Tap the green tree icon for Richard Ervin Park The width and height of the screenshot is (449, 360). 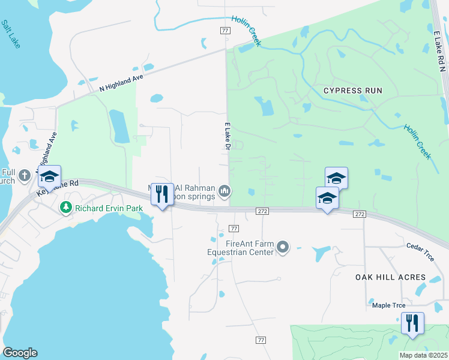pyautogui.click(x=65, y=208)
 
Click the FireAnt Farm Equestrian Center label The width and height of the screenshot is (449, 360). pyautogui.click(x=241, y=248)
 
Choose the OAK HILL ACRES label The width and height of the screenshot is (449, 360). pyautogui.click(x=390, y=278)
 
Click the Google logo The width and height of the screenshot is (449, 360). pyautogui.click(x=20, y=352)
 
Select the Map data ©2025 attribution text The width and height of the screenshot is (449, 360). pyautogui.click(x=423, y=355)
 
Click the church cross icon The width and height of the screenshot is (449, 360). pyautogui.click(x=24, y=176)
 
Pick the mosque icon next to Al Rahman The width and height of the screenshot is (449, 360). pyautogui.click(x=224, y=191)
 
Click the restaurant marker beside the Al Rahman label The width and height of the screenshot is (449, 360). pyautogui.click(x=161, y=194)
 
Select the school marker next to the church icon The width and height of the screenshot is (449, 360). pyautogui.click(x=49, y=176)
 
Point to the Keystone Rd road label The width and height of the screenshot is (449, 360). pyautogui.click(x=58, y=186)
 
